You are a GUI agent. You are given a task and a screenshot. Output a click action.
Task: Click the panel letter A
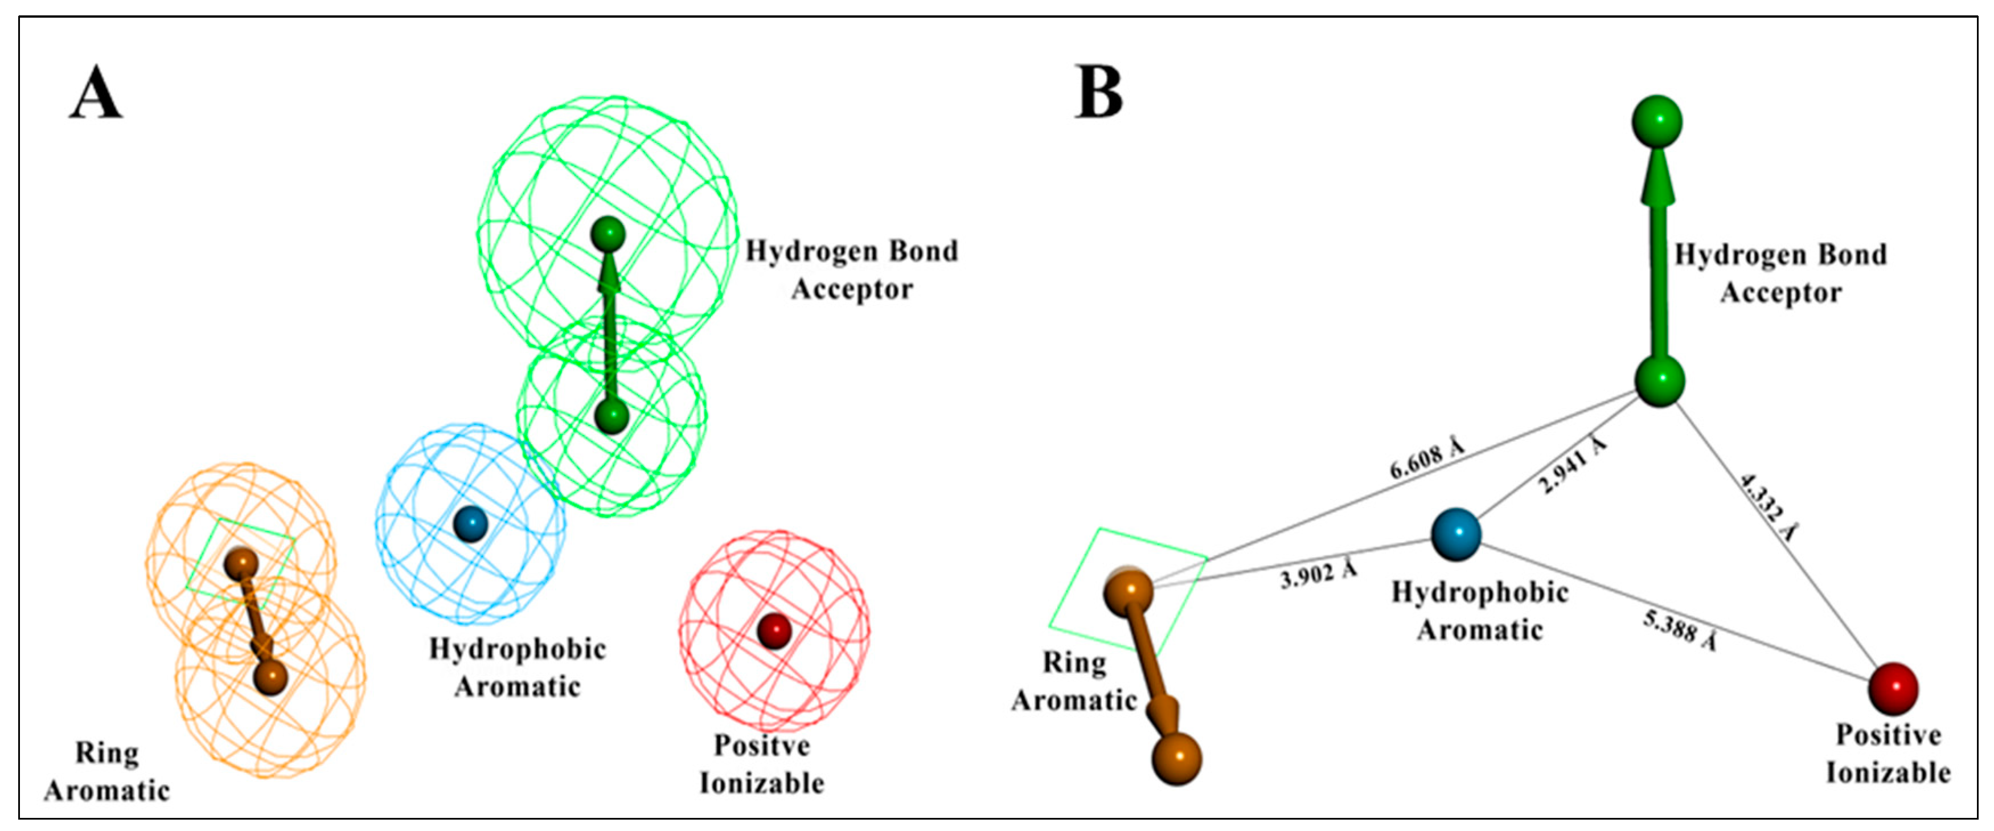[96, 93]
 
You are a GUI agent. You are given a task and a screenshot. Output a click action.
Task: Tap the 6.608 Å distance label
[1427, 459]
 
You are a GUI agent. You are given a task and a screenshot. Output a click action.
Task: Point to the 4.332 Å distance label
[1768, 507]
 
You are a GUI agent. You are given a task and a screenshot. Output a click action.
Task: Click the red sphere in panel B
[1893, 687]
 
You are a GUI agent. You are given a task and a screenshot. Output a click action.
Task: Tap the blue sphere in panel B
[1455, 534]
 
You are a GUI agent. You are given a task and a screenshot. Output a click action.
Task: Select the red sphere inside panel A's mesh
[773, 631]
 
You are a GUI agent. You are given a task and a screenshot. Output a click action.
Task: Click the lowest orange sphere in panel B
[1176, 759]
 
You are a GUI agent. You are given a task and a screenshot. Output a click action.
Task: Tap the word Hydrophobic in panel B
[1479, 592]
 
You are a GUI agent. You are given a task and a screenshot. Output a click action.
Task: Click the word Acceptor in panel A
[851, 290]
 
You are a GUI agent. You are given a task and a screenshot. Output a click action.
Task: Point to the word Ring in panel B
[1074, 663]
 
